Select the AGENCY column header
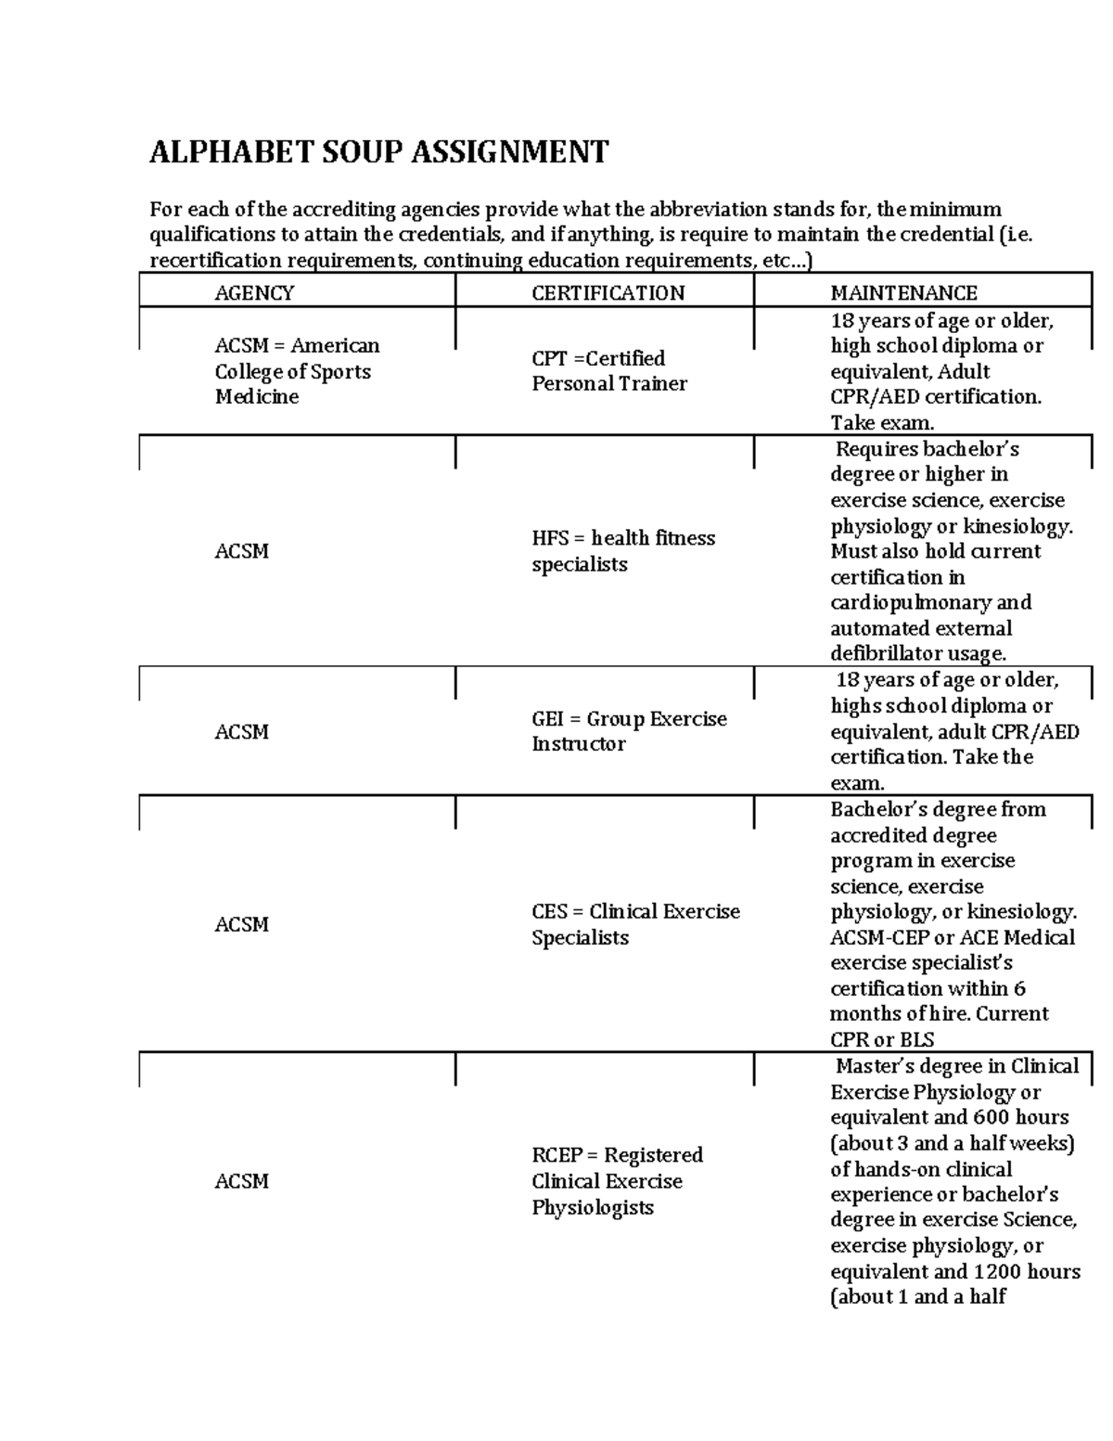click(254, 293)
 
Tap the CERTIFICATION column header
click(608, 293)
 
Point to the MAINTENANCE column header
click(903, 293)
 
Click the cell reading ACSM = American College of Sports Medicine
click(297, 371)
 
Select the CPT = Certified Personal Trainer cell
click(608, 371)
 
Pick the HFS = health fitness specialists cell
click(622, 551)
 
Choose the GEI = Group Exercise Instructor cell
click(628, 731)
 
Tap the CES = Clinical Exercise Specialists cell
click(635, 924)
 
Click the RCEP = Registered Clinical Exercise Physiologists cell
click(617, 1181)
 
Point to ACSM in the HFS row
click(241, 551)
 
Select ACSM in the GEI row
click(241, 732)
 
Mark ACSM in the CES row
click(241, 925)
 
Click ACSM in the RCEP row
click(241, 1181)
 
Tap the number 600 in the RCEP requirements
click(991, 1118)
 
